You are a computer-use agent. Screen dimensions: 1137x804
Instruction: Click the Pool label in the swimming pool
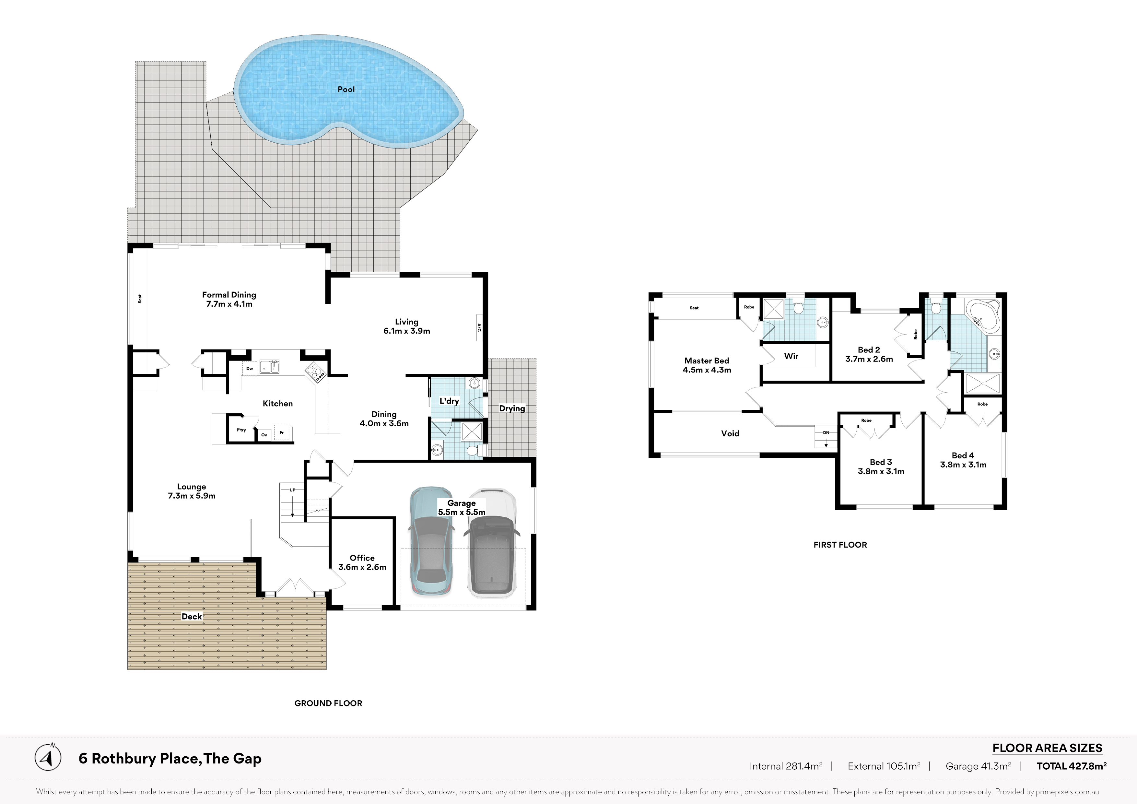[x=346, y=89]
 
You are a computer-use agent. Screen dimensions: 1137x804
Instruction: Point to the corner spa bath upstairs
[x=983, y=315]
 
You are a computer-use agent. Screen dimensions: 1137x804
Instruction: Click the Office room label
[x=362, y=558]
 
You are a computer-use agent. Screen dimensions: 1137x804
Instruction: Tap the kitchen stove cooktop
[x=315, y=372]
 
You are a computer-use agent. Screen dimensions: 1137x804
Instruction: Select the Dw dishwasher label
[x=250, y=369]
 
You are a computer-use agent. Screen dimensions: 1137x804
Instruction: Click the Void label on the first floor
[x=730, y=433]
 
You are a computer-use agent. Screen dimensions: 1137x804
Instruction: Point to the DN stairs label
[x=826, y=432]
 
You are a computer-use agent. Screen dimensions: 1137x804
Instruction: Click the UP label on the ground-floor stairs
[x=292, y=490]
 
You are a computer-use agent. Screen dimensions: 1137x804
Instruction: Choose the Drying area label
[x=512, y=409]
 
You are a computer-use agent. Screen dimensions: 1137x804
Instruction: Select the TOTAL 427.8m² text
[x=1072, y=766]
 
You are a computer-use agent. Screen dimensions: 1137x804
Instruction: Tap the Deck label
[x=192, y=616]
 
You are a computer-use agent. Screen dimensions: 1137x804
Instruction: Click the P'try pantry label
[x=241, y=430]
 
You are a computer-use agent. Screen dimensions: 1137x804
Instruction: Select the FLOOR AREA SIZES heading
[x=1047, y=748]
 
